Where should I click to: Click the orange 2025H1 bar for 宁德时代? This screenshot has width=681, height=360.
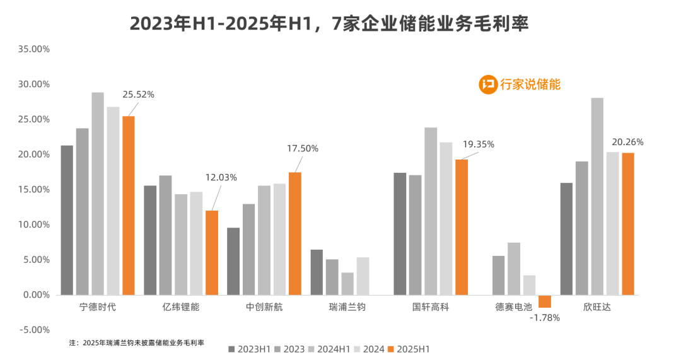click(128, 206)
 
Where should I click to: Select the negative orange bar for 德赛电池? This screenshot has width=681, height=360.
click(545, 301)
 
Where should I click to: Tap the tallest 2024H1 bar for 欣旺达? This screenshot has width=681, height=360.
click(597, 196)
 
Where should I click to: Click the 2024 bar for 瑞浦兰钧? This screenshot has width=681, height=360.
click(363, 276)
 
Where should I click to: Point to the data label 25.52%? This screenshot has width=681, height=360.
click(139, 95)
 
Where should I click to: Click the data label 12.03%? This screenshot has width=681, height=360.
click(221, 177)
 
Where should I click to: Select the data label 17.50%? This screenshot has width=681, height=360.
click(303, 149)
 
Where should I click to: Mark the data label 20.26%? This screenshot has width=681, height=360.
click(628, 142)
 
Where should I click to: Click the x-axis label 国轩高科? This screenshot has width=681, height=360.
click(431, 307)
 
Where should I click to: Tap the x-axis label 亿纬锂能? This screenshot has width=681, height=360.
click(181, 307)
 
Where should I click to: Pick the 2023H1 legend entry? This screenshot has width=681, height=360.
click(250, 349)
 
